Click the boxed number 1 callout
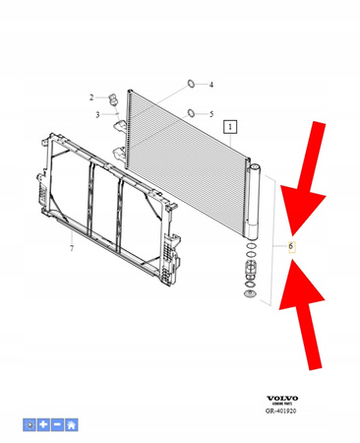229,127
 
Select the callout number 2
90,96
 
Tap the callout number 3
98,115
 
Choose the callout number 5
210,114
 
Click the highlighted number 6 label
291,245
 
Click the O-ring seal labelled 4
190,84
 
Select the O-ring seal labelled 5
190,112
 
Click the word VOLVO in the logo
283,399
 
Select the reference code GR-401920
283,414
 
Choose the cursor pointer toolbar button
30,424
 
